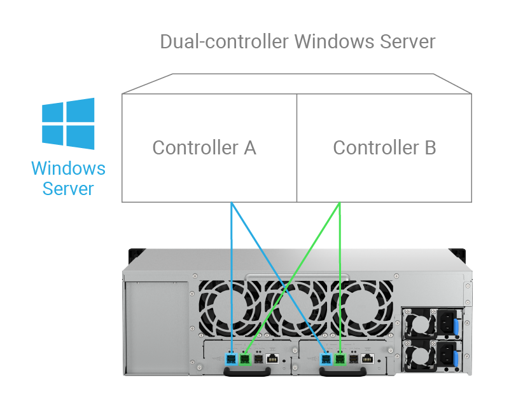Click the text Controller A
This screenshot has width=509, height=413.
click(204, 147)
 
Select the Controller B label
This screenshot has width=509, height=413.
click(384, 147)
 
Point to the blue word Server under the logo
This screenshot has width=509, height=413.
click(68, 189)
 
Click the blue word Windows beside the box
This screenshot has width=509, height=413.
click(68, 169)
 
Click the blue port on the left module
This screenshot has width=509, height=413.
click(231, 360)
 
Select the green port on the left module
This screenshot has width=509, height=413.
click(244, 360)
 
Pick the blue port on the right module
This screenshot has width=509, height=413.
click(327, 360)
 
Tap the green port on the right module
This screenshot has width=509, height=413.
click(340, 360)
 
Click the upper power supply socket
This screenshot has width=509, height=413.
click(447, 322)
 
